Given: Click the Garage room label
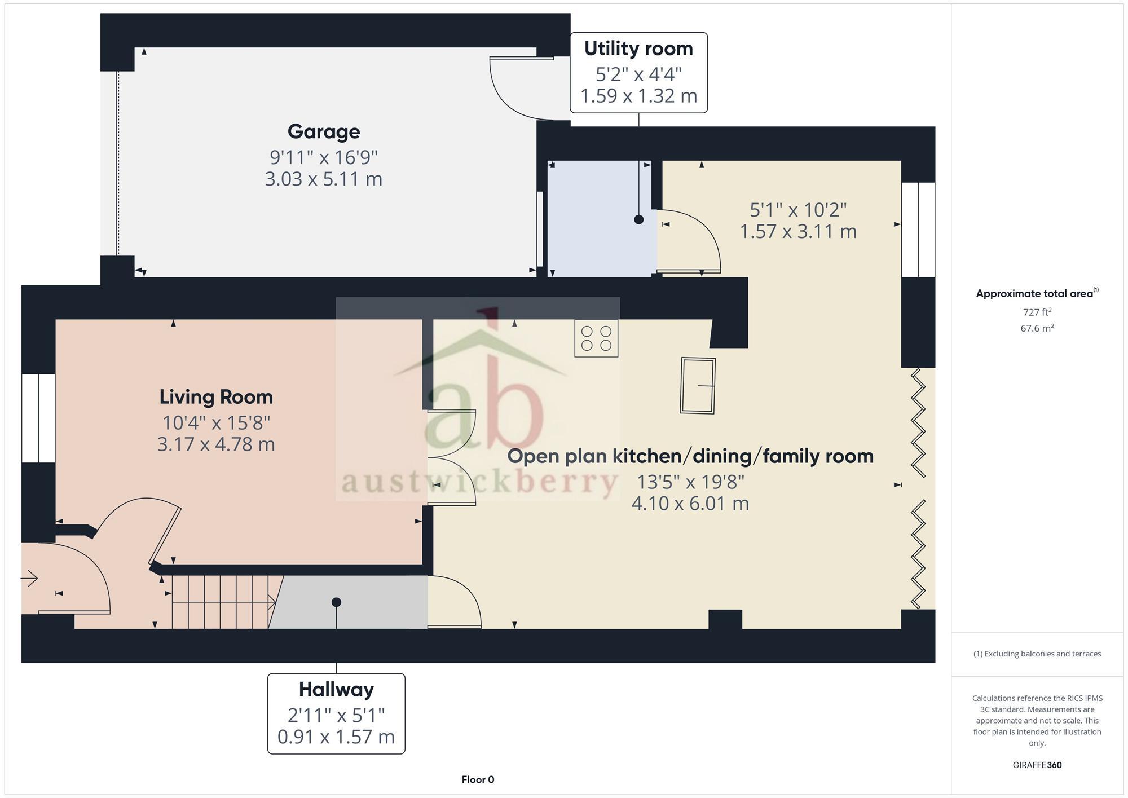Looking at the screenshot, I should [323, 131].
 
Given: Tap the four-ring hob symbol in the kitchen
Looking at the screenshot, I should [596, 338].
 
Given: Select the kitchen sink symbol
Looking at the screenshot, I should [698, 386].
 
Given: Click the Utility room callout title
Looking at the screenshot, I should [638, 49].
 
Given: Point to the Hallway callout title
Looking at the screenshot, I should [336, 689].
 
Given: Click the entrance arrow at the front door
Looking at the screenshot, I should [29, 578].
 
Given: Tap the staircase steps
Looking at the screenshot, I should [223, 602].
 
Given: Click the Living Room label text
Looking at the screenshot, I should [216, 397].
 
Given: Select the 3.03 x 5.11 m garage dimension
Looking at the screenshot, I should [323, 179].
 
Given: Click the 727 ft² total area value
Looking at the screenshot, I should [1037, 312].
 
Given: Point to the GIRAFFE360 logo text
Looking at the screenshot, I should [1037, 765].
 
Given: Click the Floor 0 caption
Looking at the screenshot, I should [478, 779].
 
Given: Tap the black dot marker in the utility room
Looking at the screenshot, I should [638, 219].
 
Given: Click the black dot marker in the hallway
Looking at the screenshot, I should [336, 602].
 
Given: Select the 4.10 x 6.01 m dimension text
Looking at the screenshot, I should [690, 503].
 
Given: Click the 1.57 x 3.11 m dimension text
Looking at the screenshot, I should [797, 231].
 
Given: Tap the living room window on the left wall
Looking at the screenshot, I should [38, 418].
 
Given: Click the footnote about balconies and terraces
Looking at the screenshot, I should [1037, 654].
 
